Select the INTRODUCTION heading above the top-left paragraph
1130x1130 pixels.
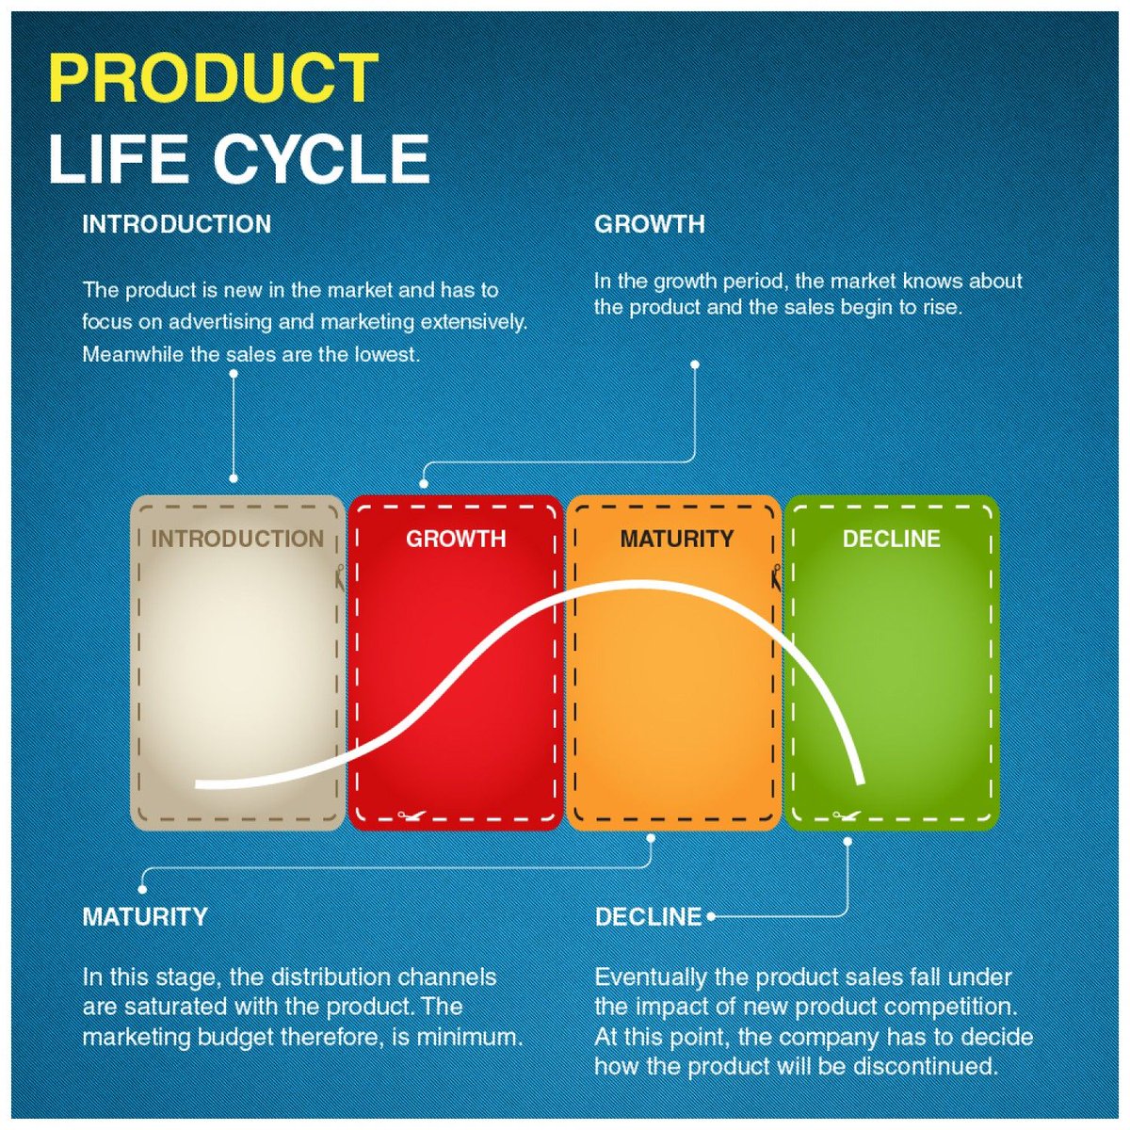(x=176, y=224)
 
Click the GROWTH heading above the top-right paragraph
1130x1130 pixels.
(x=649, y=224)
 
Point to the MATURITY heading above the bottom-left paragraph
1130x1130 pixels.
(x=145, y=916)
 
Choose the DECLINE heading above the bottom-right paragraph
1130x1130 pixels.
(x=648, y=916)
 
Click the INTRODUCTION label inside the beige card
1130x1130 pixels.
(x=237, y=539)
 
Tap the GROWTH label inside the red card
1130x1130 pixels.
(x=456, y=539)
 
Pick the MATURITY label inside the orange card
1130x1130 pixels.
(x=676, y=539)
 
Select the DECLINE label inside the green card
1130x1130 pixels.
(x=891, y=539)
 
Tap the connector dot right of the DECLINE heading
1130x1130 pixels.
(x=711, y=915)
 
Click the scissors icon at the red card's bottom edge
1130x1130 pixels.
(x=408, y=815)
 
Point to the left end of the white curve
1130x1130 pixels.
(x=199, y=783)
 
